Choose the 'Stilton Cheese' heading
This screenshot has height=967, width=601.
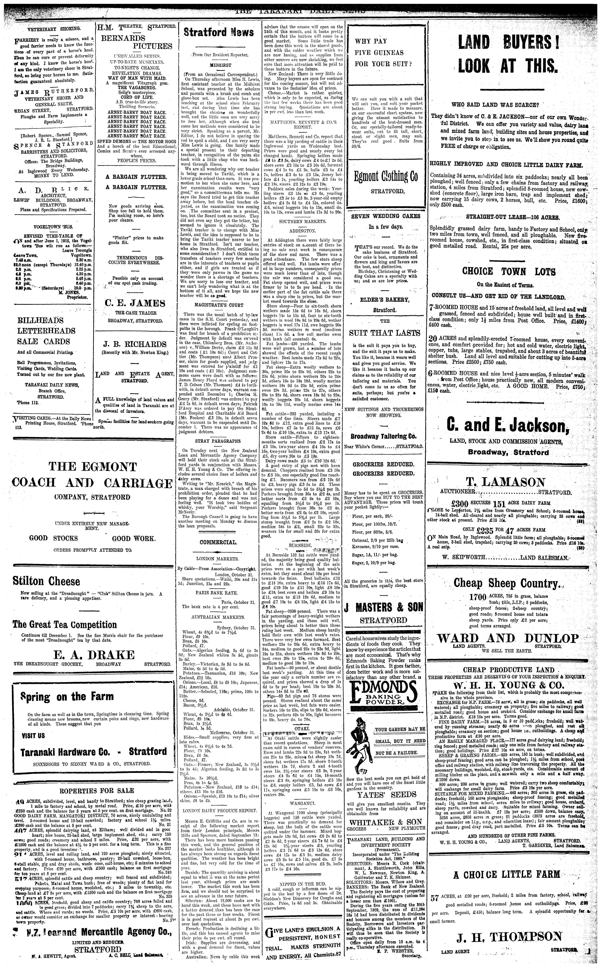click(46, 581)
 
